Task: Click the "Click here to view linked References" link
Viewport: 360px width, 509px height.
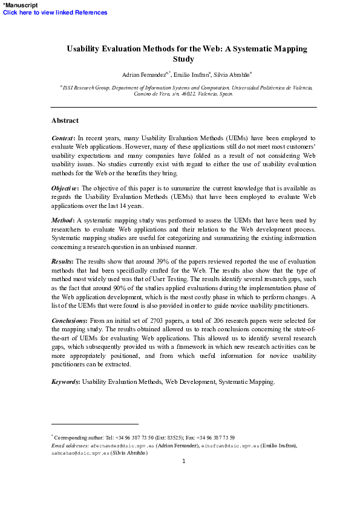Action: tap(55, 12)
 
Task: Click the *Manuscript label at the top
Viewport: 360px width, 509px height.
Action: tap(19, 4)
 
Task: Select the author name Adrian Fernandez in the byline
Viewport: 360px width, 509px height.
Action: tap(146, 74)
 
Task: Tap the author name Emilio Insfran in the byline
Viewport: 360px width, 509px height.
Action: tap(190, 74)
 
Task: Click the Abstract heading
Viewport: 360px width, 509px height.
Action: tap(65, 120)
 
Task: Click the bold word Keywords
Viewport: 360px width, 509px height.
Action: tap(65, 381)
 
